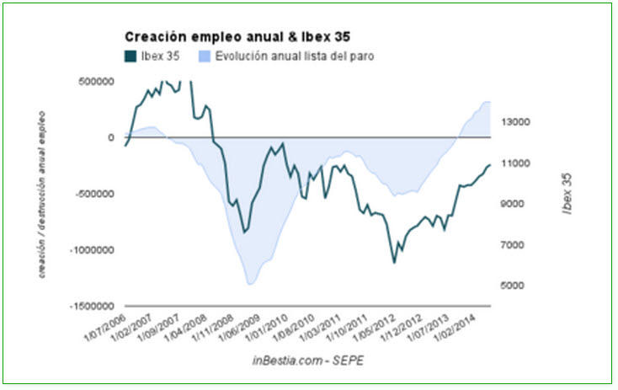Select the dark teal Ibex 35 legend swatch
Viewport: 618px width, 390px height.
(131, 56)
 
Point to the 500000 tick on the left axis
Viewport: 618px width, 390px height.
(93, 82)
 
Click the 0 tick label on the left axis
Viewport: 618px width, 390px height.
(109, 137)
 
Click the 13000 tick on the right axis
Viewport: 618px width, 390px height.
(514, 122)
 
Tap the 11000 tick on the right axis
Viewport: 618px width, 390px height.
(514, 163)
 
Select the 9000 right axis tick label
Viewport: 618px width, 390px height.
(512, 204)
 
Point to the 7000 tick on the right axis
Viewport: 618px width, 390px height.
(512, 245)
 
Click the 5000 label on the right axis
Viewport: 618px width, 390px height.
(512, 286)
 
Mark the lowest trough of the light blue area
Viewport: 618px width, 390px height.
(249, 284)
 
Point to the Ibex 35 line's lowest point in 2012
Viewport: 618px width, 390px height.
(394, 263)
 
